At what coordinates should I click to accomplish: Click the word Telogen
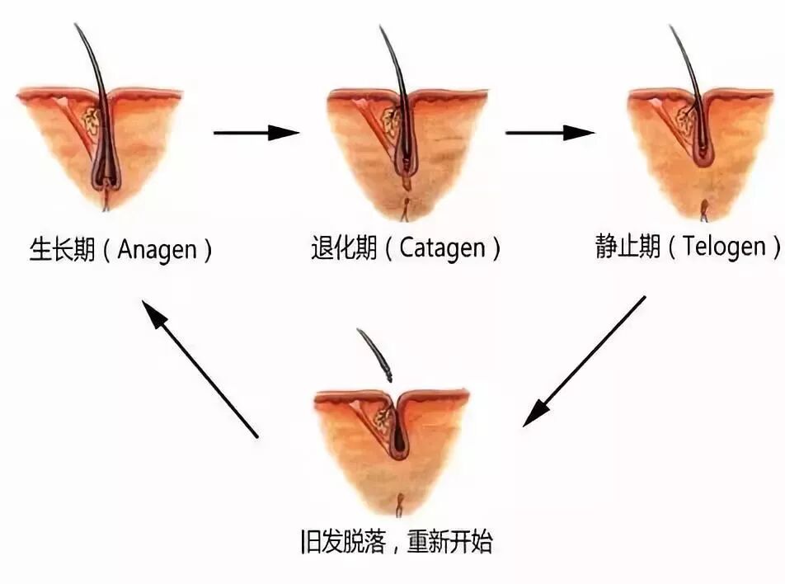tap(724, 247)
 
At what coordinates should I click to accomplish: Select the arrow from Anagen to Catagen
tap(256, 132)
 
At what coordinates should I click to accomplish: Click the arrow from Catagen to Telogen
tap(549, 132)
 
